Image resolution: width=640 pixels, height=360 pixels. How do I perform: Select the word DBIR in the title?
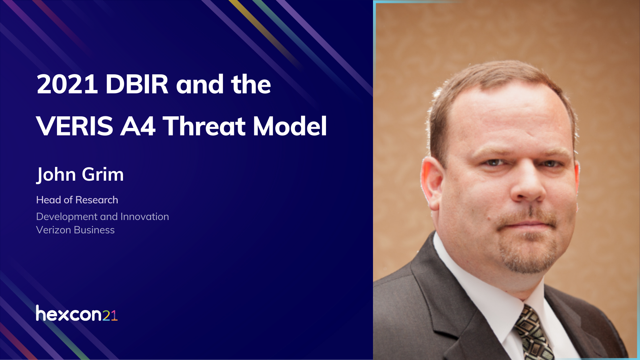tap(137, 84)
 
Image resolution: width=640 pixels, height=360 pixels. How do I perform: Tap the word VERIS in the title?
tap(75, 126)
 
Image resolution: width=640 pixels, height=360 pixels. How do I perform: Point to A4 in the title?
tap(138, 126)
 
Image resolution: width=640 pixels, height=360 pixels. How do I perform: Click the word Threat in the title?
tap(204, 126)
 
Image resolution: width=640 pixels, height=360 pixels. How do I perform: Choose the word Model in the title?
tap(290, 126)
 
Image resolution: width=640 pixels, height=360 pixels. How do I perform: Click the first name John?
tap(56, 174)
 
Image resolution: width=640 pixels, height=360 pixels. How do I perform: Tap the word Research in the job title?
tap(97, 200)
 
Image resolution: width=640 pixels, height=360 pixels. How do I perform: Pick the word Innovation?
tap(145, 217)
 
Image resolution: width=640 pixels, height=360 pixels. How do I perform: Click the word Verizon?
tap(54, 230)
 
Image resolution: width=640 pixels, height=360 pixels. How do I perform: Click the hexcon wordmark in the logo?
tap(68, 314)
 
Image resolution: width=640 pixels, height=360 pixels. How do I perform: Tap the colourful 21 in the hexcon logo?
tap(110, 315)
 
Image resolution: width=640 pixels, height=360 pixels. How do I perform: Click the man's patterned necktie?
tap(532, 333)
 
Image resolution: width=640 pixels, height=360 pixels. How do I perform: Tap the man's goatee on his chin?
tap(528, 257)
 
